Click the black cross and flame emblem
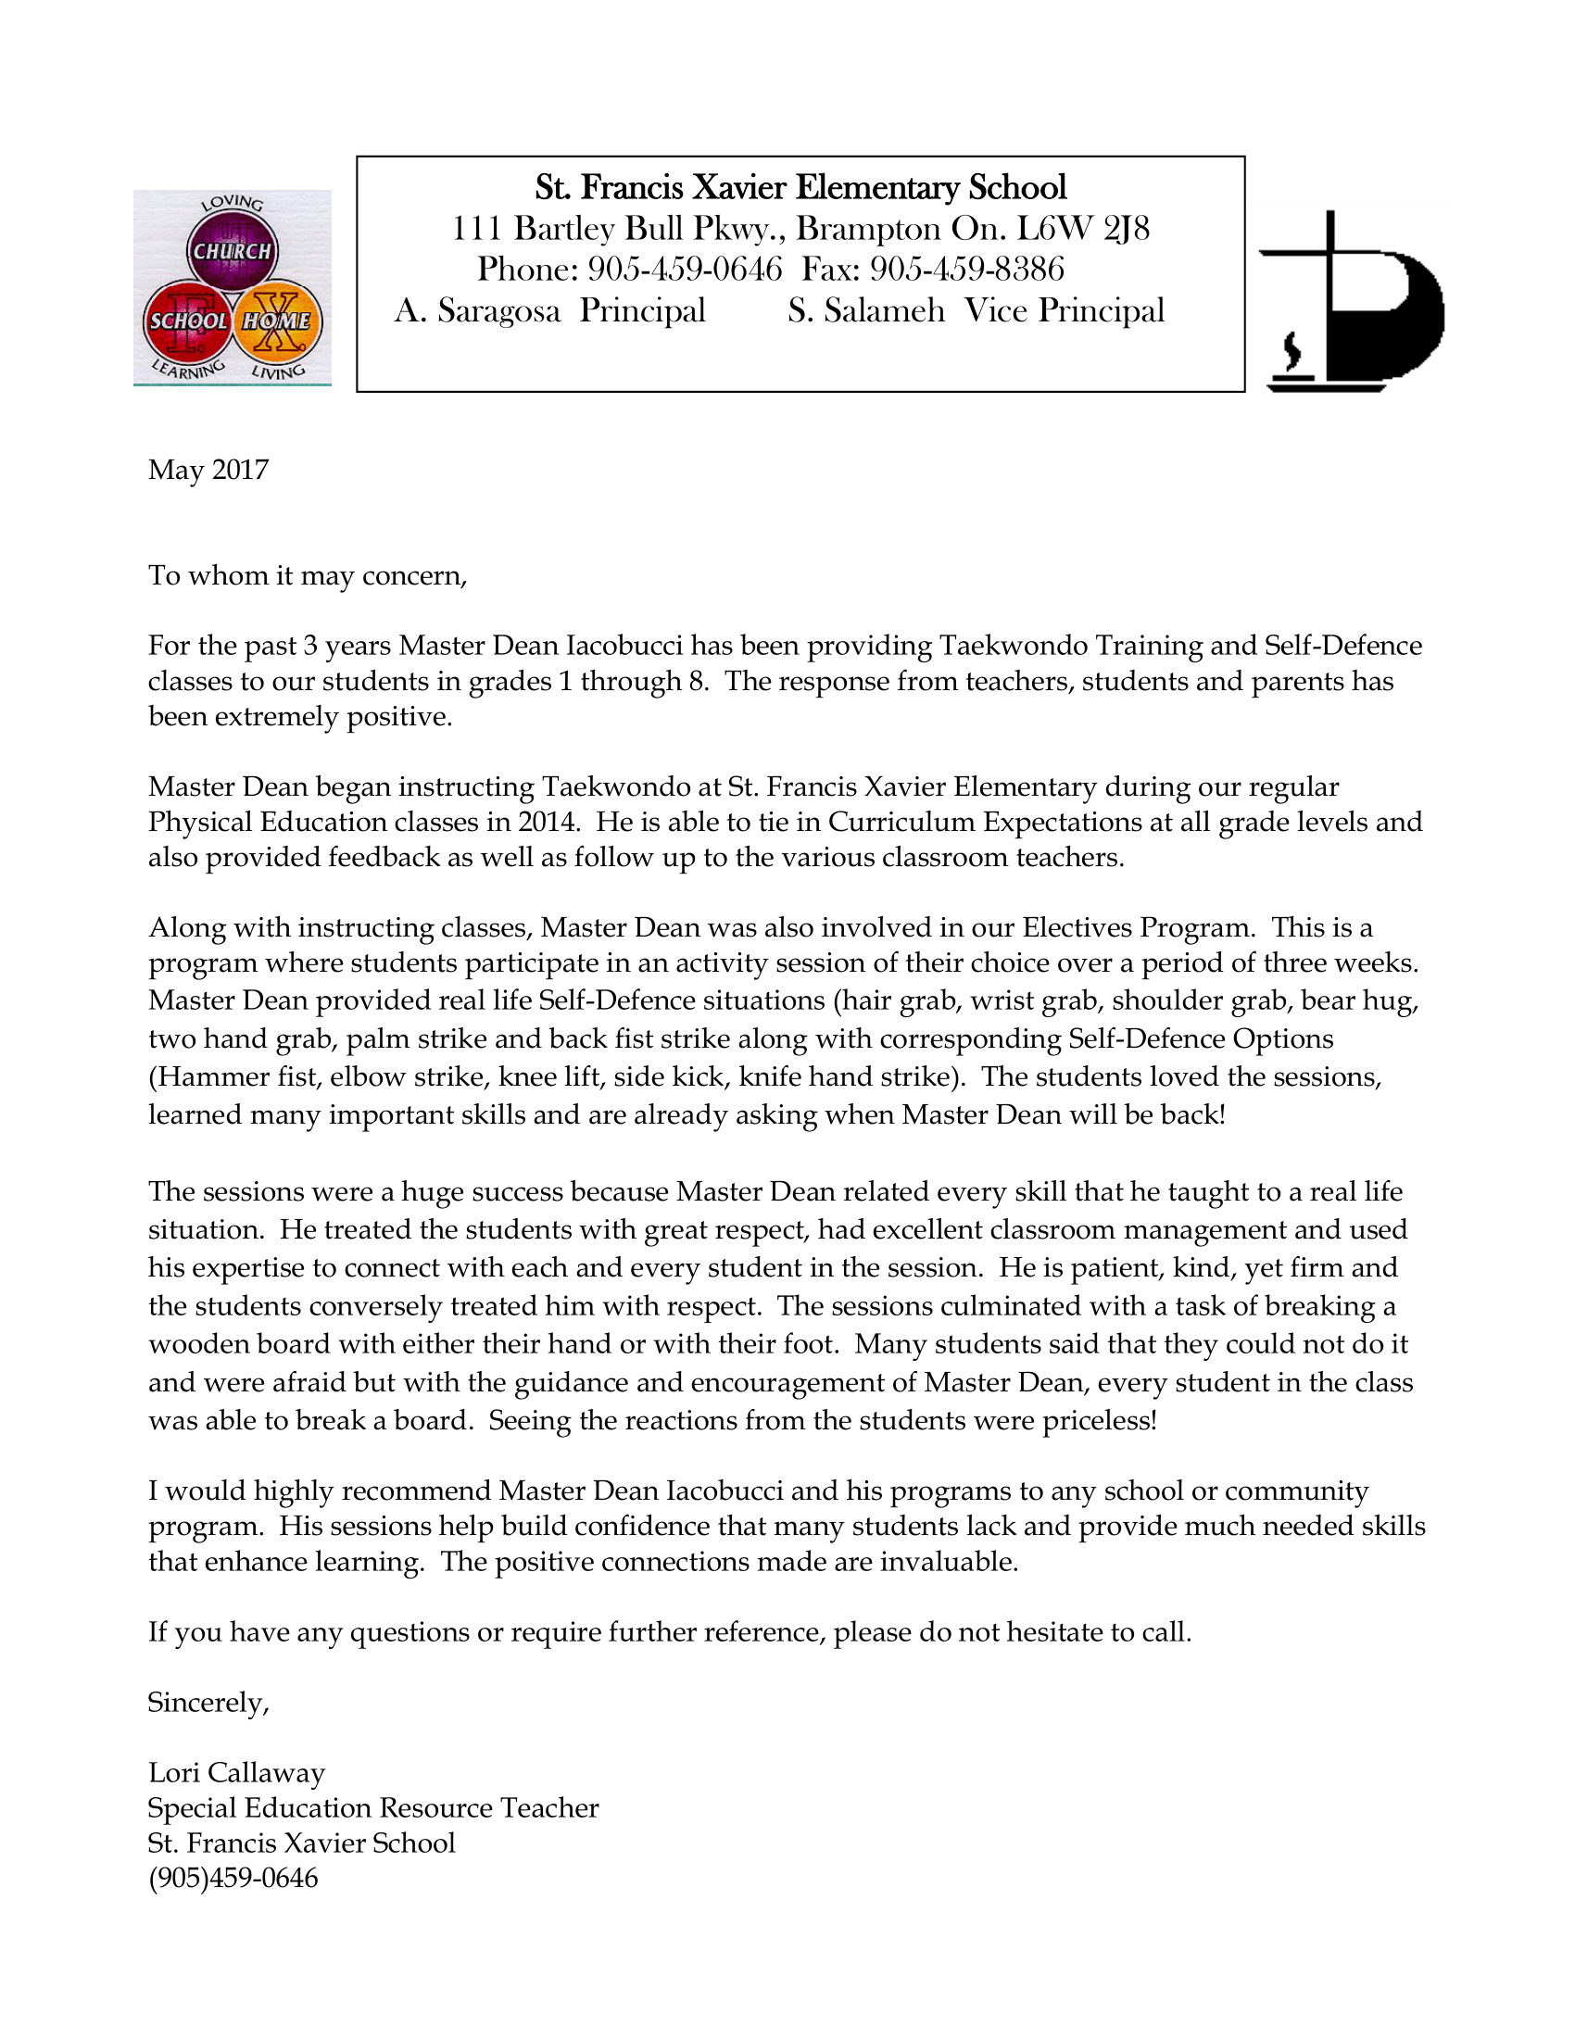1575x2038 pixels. (x=1351, y=301)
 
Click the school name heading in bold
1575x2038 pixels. (x=800, y=188)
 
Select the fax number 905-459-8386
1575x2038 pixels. (x=966, y=270)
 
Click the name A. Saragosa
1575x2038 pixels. (x=477, y=310)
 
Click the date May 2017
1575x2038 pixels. (x=208, y=470)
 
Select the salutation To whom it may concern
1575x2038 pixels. (x=307, y=576)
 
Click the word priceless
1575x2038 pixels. (x=1099, y=1420)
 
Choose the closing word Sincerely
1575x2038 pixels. (x=208, y=1702)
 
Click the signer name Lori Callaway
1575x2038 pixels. (x=236, y=1773)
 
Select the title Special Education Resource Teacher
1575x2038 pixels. (x=372, y=1808)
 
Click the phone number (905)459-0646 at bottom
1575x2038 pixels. (x=233, y=1879)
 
